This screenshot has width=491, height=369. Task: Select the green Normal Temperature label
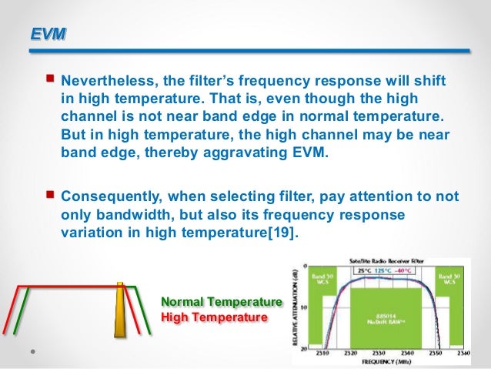pyautogui.click(x=221, y=302)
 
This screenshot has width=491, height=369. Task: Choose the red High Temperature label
pyautogui.click(x=213, y=317)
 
